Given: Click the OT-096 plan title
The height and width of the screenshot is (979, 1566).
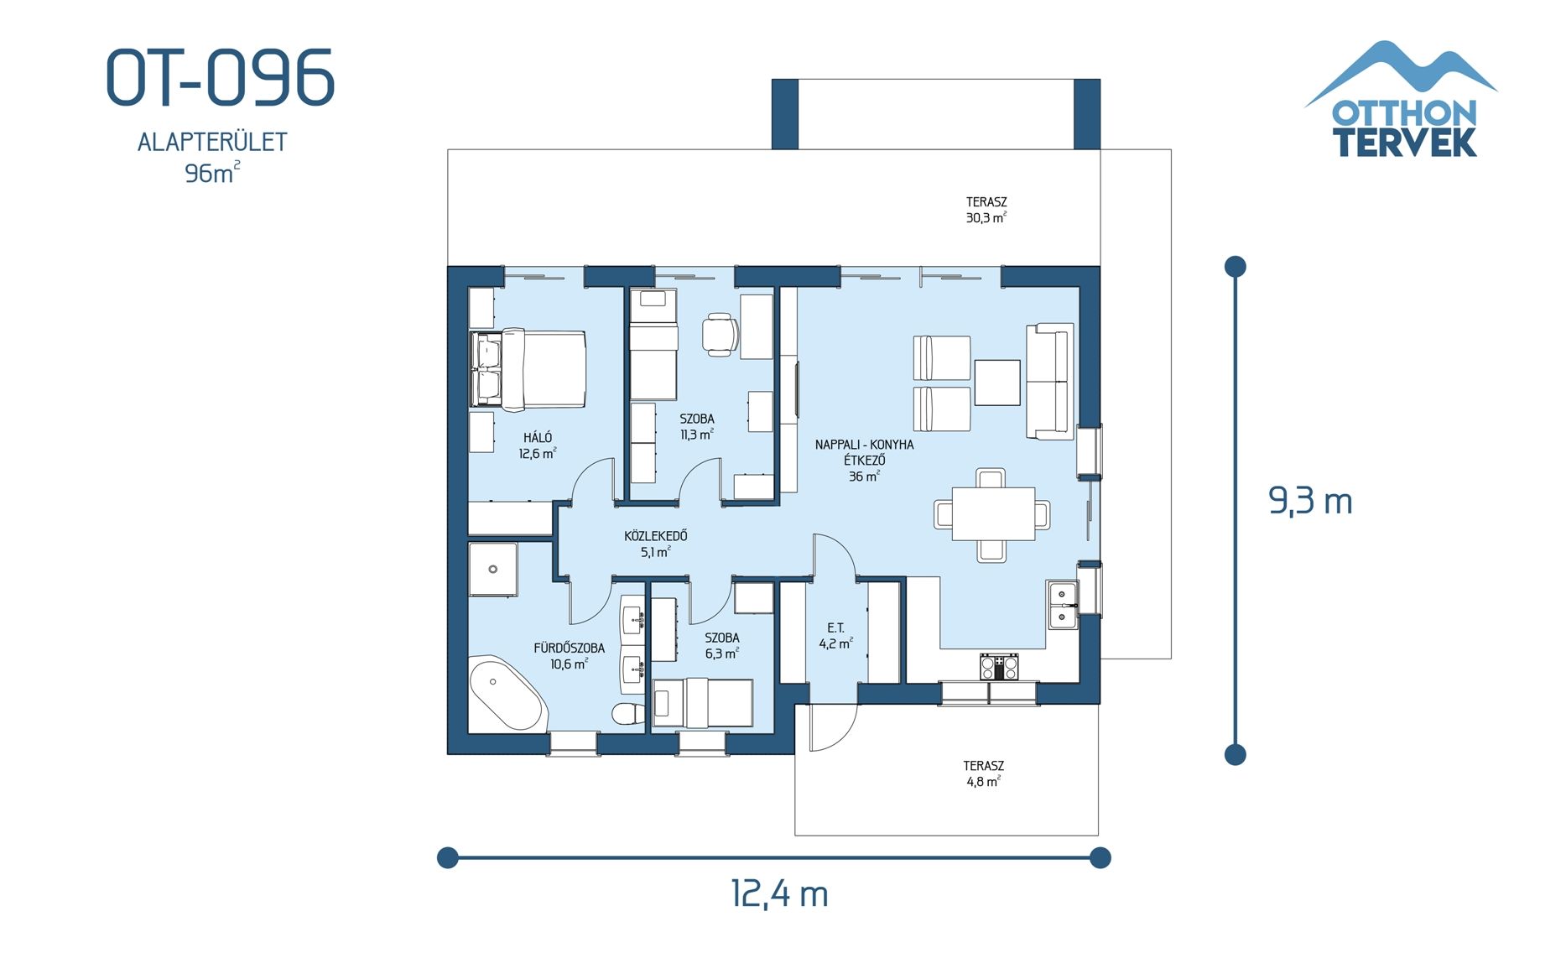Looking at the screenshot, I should click(x=221, y=78).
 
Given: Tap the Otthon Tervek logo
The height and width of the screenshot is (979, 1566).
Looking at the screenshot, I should click(x=1402, y=101).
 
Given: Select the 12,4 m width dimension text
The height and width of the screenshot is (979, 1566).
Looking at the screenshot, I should click(x=779, y=893).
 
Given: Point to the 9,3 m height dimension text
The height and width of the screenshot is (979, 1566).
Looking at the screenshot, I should click(x=1309, y=502).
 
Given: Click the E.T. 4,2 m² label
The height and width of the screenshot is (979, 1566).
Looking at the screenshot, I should click(x=835, y=636).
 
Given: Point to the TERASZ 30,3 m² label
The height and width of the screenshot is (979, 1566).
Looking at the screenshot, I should click(x=986, y=210).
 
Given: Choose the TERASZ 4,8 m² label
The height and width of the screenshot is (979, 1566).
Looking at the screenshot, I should click(x=983, y=773).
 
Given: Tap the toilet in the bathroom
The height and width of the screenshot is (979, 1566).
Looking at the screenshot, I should click(x=627, y=714).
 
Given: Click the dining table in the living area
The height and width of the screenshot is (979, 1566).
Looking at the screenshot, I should click(x=993, y=513).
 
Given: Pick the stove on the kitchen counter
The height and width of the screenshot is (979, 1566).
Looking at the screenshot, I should click(x=999, y=667).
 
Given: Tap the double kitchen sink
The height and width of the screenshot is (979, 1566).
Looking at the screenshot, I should click(x=1063, y=605).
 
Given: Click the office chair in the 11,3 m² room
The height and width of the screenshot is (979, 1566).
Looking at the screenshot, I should click(x=721, y=334).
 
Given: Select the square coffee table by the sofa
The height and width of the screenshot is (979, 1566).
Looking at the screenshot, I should click(x=997, y=383).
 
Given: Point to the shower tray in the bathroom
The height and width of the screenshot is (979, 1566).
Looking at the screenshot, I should click(x=492, y=570).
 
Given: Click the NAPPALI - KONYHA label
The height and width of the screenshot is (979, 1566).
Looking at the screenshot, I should click(x=864, y=445).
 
